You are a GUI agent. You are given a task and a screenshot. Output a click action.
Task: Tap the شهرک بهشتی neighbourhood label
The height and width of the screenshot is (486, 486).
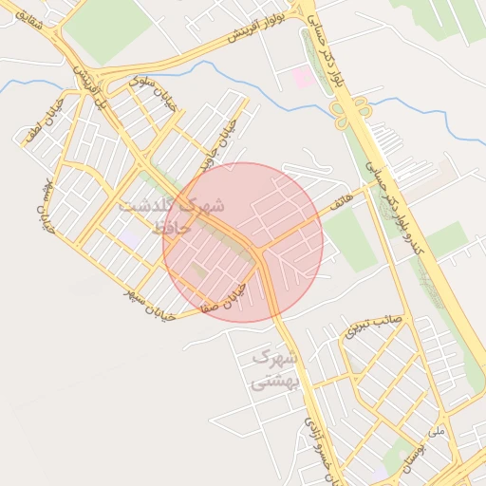coord(274,370)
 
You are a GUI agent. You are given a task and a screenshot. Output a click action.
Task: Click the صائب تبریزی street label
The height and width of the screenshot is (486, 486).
coord(374,326)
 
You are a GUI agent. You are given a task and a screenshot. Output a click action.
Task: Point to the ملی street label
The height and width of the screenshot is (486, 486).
coord(436,430)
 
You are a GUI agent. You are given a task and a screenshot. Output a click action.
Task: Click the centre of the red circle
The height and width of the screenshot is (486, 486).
coord(243,242)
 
